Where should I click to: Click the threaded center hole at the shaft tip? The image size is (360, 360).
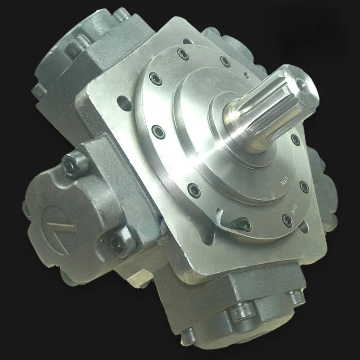tap(298, 81)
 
